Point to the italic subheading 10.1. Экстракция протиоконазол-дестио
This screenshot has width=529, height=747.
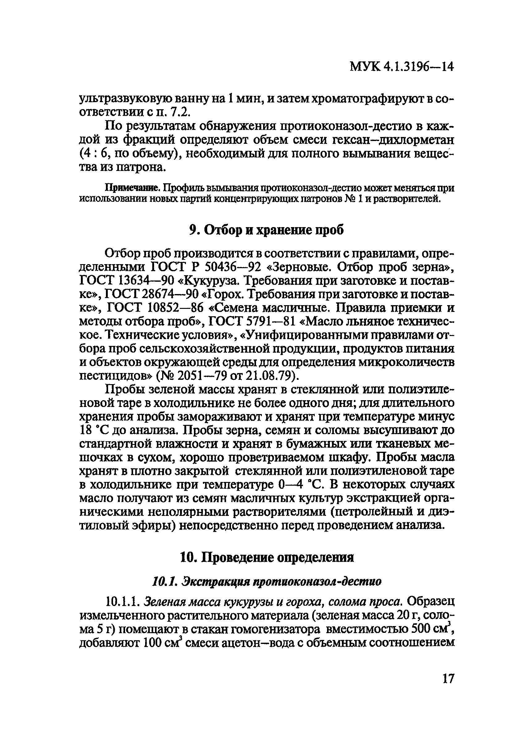pyautogui.click(x=267, y=581)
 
